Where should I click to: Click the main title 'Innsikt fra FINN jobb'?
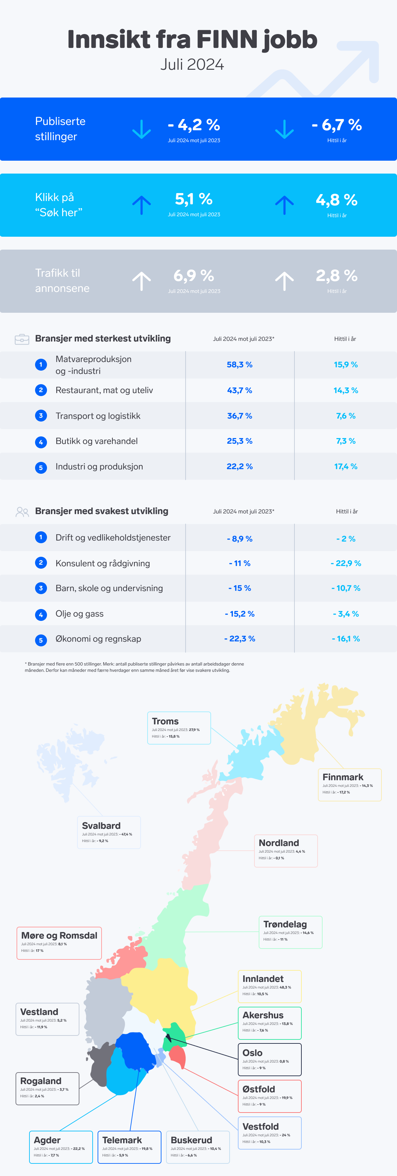point(192,39)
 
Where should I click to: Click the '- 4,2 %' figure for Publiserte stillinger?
point(194,125)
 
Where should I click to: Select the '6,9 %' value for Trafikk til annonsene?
point(194,276)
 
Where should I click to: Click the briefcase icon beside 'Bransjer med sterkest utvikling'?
point(22,339)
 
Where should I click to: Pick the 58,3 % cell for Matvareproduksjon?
point(240,365)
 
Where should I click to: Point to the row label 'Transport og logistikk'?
point(98,416)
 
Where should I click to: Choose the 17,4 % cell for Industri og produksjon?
point(345,466)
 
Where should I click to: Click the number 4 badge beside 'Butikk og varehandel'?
point(41,442)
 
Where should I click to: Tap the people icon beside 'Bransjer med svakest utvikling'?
point(22,512)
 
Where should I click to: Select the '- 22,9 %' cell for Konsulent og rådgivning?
point(346,563)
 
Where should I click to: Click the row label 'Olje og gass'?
point(79,614)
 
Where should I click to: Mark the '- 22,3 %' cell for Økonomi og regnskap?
point(240,639)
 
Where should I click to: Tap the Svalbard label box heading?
point(102,826)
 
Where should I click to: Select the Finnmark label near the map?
point(343,777)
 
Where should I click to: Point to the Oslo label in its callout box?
point(252,1053)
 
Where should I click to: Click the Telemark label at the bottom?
point(122,1140)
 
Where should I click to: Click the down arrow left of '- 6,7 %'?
point(285,129)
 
